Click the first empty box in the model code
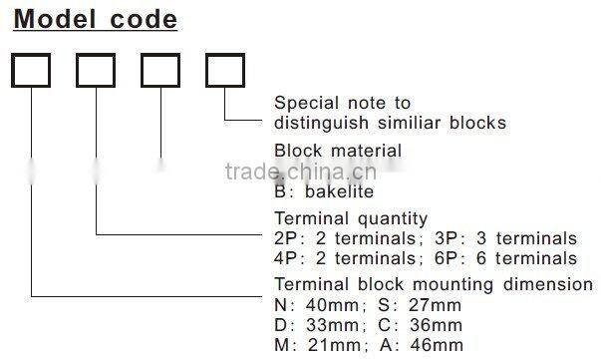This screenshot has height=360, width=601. pos(32,70)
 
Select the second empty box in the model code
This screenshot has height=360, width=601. pos(96,70)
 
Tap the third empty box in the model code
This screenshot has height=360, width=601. pos(160,70)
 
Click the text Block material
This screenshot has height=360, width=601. pos(338,151)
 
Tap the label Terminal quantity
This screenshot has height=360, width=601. pos(351,218)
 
